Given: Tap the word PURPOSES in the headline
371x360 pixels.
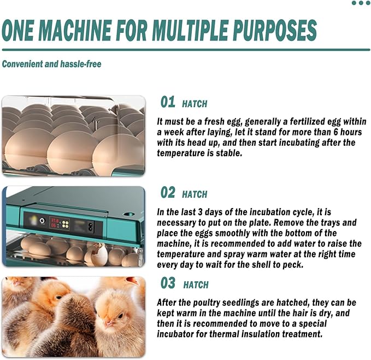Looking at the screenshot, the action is (x=275, y=30).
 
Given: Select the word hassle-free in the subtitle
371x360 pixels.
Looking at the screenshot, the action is (x=81, y=64).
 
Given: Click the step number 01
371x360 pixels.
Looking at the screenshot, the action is (x=168, y=102).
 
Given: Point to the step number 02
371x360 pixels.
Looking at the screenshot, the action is (x=168, y=192).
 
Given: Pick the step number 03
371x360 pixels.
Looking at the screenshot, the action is (x=168, y=283).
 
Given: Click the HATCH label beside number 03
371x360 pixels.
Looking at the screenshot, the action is (x=196, y=285).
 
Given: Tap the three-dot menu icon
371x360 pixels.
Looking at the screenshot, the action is (x=361, y=3).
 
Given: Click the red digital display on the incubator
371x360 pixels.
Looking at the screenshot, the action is (x=55, y=223).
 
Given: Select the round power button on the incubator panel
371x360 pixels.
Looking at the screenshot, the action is (x=42, y=221).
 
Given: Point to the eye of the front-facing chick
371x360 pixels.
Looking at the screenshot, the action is (x=120, y=316).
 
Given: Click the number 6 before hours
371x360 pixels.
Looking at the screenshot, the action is (x=335, y=132).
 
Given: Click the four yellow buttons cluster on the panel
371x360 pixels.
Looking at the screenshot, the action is (x=66, y=224).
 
